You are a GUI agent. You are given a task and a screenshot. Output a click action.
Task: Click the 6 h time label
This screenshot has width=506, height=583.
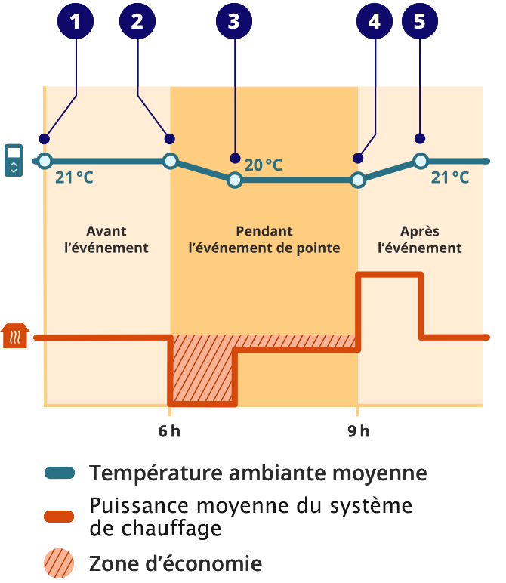click(x=169, y=432)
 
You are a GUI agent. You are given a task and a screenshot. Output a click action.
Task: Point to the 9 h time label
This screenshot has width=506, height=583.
click(x=359, y=432)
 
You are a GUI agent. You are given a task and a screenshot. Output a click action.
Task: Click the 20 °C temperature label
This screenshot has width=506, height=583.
click(x=263, y=165)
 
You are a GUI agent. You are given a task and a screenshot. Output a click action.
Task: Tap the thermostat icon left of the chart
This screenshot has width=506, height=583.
click(x=14, y=159)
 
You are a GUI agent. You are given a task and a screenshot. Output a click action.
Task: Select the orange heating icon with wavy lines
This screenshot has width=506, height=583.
click(x=15, y=336)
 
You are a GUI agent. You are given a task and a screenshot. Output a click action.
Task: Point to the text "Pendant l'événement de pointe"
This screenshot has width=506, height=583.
click(x=264, y=239)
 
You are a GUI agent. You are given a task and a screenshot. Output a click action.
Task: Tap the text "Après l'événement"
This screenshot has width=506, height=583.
click(x=419, y=239)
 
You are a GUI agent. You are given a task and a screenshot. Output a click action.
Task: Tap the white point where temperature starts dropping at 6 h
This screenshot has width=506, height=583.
click(x=171, y=161)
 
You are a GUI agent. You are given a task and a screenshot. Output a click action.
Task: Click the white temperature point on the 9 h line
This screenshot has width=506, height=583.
click(x=359, y=180)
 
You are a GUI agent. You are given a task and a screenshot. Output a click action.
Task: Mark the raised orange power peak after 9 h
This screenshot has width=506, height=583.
click(x=389, y=275)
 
